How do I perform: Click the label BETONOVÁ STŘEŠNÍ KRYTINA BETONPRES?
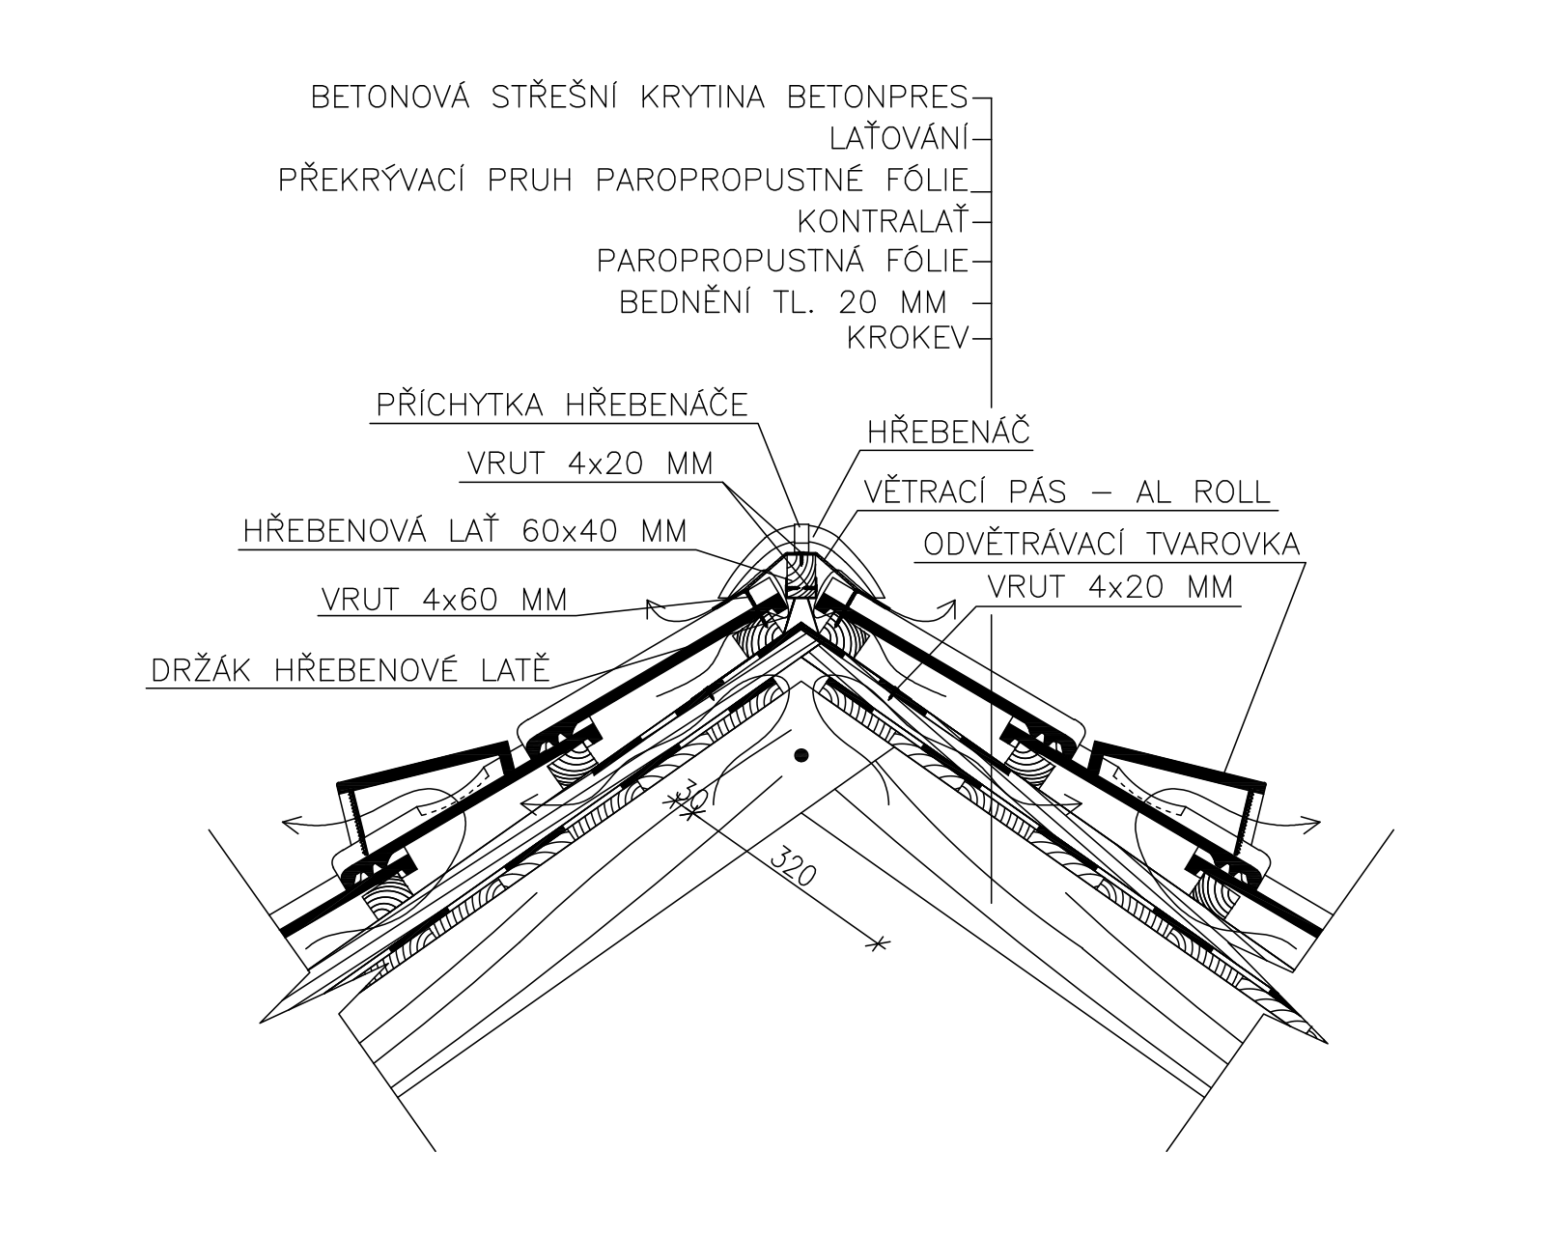tap(639, 97)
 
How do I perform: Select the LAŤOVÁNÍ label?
tap(900, 138)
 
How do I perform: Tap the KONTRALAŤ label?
tap(884, 221)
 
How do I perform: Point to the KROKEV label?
tap(909, 338)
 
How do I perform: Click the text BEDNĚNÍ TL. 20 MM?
tap(783, 302)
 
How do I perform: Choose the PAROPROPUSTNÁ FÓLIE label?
tap(783, 261)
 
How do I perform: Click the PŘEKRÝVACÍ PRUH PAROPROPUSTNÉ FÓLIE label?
tap(624, 180)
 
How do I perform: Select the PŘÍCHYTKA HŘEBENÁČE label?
tap(562, 405)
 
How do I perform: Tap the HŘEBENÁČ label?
tap(948, 432)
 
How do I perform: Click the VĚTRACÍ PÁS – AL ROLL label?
tap(1067, 492)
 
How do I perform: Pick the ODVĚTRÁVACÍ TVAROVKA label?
tap(1111, 544)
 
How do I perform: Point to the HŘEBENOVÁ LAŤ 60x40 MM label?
tap(465, 531)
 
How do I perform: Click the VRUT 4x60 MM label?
tap(444, 600)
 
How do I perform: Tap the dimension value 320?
tap(793, 868)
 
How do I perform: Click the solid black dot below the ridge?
tap(802, 755)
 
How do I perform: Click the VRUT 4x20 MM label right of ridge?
tap(1110, 587)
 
